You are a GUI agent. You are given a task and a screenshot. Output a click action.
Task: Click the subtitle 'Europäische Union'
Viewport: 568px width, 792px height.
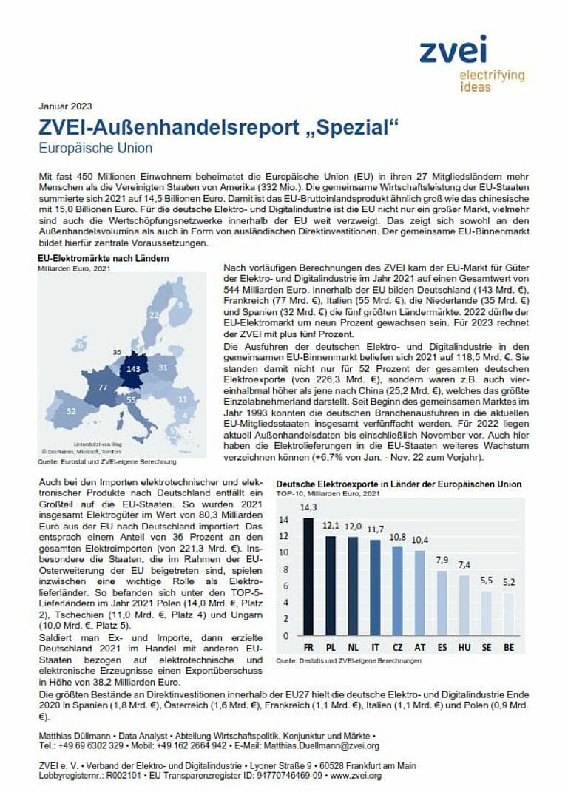(x=96, y=148)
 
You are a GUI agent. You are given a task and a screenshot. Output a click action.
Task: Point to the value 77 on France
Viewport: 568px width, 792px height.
(x=103, y=387)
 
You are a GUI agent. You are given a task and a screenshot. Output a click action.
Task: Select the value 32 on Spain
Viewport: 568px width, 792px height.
(x=70, y=410)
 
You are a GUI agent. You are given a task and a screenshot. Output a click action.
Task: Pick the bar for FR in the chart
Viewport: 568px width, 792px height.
(x=308, y=576)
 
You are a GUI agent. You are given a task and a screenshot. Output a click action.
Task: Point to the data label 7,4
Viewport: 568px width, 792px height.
(x=464, y=566)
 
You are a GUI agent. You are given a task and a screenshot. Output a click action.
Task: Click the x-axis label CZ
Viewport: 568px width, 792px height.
(x=397, y=647)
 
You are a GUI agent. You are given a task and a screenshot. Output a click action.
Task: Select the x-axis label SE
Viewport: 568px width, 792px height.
(x=486, y=647)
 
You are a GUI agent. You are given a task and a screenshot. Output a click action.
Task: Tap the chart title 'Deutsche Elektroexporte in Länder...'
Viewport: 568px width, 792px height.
(x=399, y=484)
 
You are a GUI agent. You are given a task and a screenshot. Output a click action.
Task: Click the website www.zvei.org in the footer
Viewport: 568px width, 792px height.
(x=356, y=776)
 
